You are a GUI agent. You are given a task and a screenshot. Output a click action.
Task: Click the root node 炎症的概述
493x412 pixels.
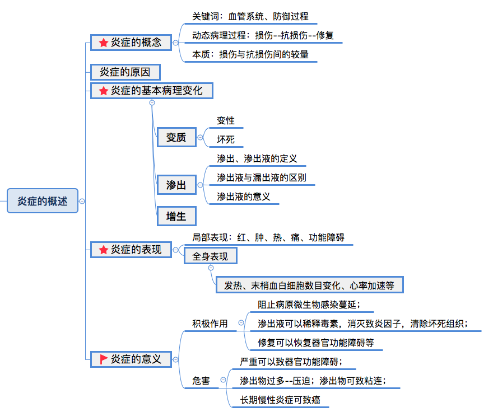42,201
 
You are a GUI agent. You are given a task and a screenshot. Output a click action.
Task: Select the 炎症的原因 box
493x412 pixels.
125,72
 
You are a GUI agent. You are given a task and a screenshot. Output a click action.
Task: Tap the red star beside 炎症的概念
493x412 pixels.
104,43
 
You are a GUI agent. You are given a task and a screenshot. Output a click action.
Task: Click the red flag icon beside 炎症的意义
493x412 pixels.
104,359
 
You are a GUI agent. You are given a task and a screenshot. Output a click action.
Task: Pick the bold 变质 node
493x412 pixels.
176,137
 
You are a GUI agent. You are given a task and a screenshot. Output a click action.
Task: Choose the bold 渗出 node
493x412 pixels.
176,185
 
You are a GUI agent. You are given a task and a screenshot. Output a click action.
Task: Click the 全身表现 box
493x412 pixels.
210,256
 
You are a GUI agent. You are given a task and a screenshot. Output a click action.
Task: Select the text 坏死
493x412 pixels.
226,139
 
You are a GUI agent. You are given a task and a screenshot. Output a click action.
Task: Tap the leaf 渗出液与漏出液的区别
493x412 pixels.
262,177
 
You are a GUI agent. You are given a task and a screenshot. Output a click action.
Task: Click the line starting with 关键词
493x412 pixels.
250,17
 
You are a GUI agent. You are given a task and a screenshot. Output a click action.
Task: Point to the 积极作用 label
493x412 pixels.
210,323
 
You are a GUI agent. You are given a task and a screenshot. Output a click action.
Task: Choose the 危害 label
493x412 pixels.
201,381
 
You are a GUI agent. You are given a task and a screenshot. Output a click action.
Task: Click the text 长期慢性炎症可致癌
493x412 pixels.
280,400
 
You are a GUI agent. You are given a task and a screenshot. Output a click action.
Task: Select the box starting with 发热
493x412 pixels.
309,285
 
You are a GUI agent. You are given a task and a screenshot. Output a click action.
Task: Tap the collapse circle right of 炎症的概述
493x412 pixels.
82,201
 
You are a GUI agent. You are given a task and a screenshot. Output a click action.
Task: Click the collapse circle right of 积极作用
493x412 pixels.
241,323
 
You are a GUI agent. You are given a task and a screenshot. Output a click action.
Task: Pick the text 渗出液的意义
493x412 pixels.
244,196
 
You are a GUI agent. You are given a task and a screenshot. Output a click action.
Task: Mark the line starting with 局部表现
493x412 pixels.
268,238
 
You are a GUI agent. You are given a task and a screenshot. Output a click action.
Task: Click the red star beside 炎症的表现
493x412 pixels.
104,250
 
